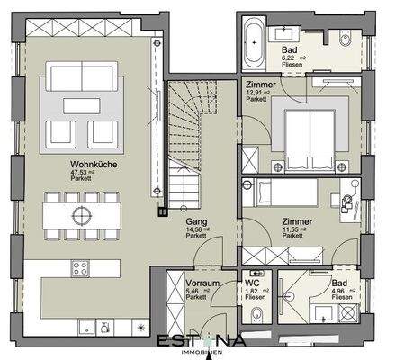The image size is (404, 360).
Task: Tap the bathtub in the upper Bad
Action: coord(253,39)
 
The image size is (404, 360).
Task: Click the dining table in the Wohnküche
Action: coord(83,216)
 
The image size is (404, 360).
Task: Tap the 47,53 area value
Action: coord(77,172)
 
